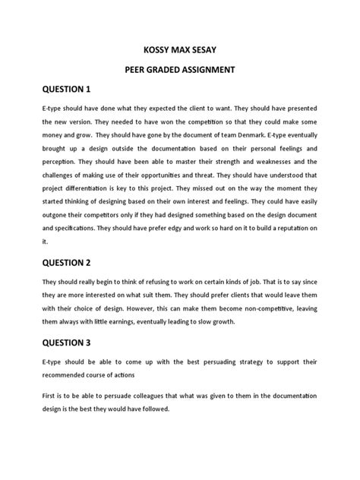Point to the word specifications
click(x=81, y=229)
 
